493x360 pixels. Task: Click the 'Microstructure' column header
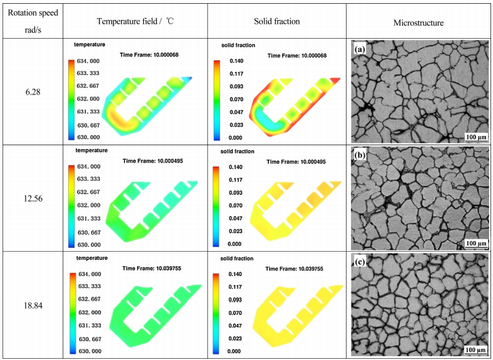(419, 23)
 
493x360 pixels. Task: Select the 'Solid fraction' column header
(277, 22)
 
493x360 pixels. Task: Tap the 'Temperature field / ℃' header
(135, 22)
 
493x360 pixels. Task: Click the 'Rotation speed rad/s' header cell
(31, 21)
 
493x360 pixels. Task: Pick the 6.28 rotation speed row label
(31, 91)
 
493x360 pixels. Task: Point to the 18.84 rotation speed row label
(31, 304)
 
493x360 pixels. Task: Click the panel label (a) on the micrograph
(360, 48)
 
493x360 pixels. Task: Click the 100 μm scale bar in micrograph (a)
(477, 136)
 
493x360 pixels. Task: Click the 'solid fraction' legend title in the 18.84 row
(239, 259)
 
